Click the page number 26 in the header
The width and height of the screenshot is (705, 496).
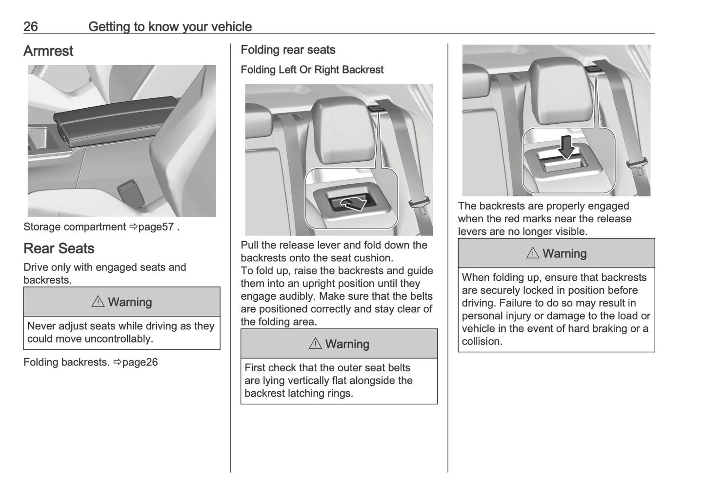[x=30, y=26]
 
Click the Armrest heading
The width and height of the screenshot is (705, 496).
[x=48, y=51]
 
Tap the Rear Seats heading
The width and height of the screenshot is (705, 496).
[x=59, y=248]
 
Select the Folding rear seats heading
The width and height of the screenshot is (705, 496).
[x=288, y=50]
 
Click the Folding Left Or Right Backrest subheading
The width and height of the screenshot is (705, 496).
[x=312, y=70]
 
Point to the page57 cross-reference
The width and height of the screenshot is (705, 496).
[x=156, y=227]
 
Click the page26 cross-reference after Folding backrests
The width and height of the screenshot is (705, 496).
[x=140, y=362]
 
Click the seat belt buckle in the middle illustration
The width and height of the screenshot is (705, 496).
[x=420, y=205]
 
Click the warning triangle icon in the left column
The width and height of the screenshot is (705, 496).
[x=98, y=302]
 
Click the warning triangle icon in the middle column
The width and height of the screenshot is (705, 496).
[x=315, y=344]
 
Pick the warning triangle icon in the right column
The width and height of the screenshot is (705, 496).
[x=532, y=253]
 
